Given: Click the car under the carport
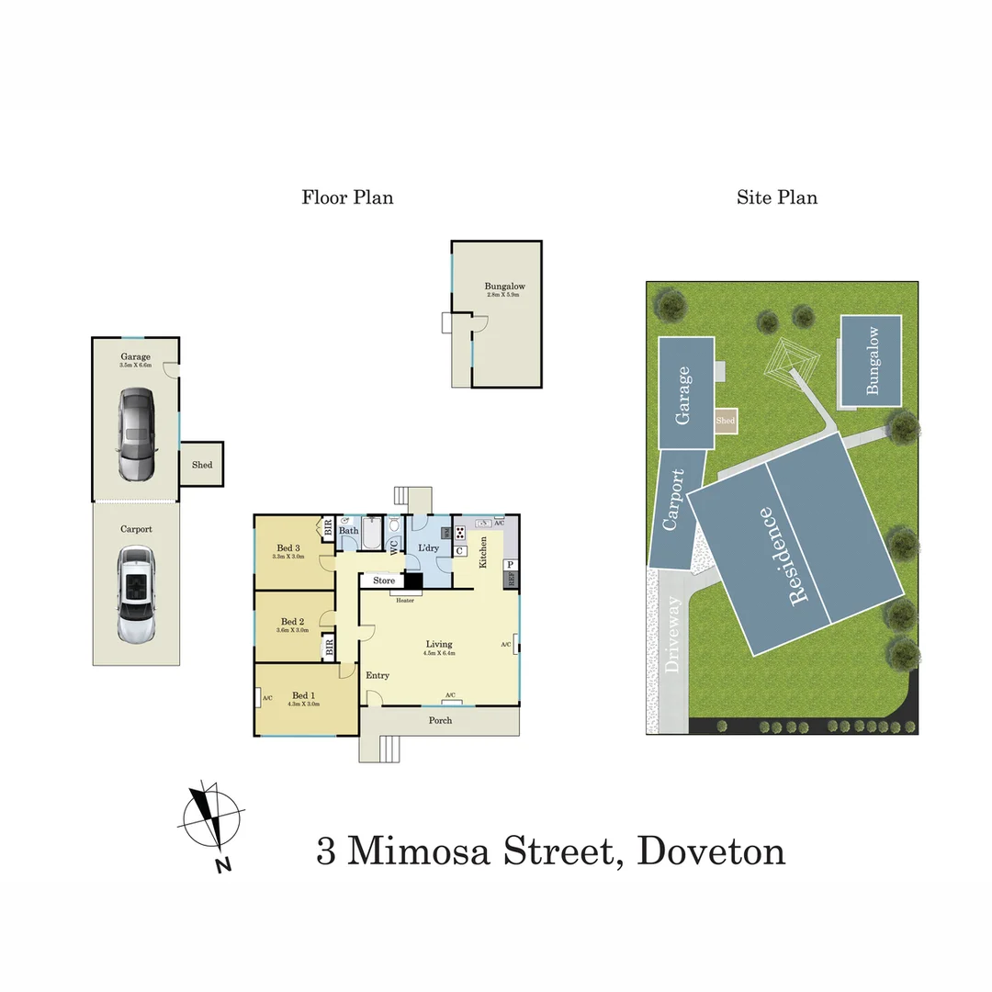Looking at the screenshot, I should [x=136, y=595].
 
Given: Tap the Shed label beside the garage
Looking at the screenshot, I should [x=202, y=465].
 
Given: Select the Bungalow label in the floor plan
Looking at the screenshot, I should [x=504, y=287].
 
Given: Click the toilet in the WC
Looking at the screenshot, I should [x=395, y=528].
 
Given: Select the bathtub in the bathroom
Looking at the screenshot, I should [x=372, y=533].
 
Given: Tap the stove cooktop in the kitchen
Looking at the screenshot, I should [x=460, y=532].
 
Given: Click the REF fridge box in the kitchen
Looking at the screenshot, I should [x=511, y=581].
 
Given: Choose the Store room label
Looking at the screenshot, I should [x=384, y=581].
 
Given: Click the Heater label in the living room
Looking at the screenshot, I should [x=405, y=601].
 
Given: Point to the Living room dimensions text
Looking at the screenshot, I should [x=440, y=654].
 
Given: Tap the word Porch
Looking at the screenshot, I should [x=441, y=720].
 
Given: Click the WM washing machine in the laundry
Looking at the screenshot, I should [x=446, y=533].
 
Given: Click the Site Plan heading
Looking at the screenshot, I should [x=776, y=197].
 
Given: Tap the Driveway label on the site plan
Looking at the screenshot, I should [x=673, y=636].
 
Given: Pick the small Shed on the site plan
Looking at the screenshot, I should [x=726, y=421].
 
